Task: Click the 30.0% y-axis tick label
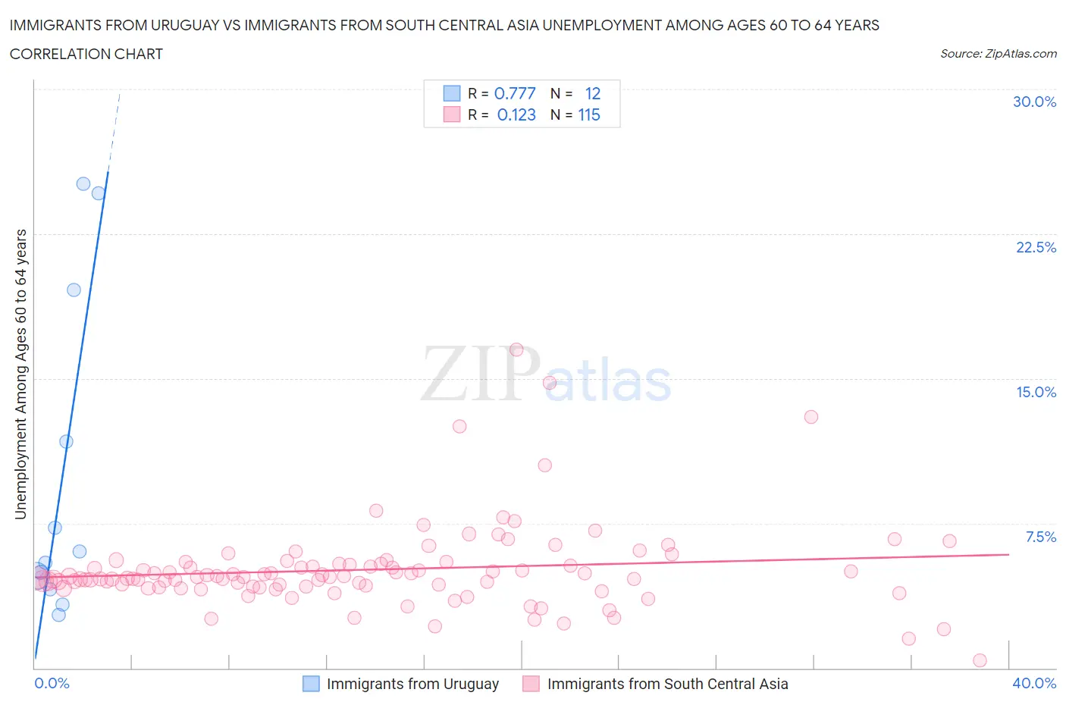click(1034, 102)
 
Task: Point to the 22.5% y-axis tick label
click(1036, 247)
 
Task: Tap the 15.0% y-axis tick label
click(1036, 392)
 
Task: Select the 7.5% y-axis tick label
click(1040, 537)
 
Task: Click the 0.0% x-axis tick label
click(52, 683)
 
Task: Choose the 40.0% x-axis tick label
click(1034, 683)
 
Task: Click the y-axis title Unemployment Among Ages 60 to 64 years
click(20, 374)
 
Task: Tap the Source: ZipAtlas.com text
click(998, 54)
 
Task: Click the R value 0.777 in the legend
click(515, 93)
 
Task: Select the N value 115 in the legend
click(589, 114)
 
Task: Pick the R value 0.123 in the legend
click(516, 114)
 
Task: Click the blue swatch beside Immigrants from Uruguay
click(311, 684)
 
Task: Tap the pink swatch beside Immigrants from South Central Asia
click(531, 684)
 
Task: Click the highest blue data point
click(83, 184)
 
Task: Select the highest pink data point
click(516, 349)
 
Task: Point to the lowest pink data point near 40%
click(980, 660)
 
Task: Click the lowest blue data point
click(58, 615)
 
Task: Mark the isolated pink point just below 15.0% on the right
click(811, 417)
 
